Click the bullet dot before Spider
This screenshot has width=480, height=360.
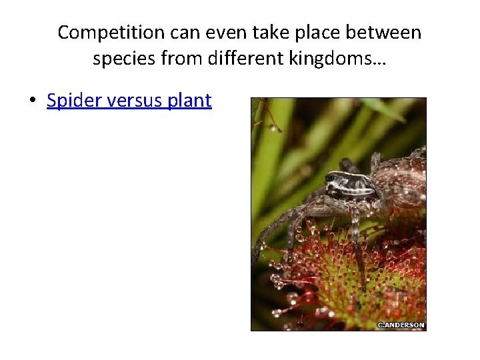click(x=31, y=101)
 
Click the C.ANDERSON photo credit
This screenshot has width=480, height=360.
click(x=401, y=325)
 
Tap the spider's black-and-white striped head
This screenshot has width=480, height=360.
click(x=348, y=184)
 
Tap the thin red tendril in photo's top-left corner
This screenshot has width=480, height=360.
click(x=265, y=113)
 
